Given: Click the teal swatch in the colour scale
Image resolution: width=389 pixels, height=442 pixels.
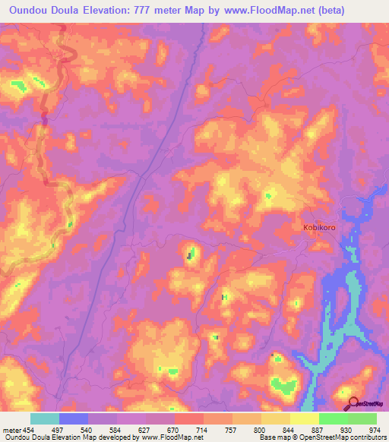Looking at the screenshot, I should [45, 418].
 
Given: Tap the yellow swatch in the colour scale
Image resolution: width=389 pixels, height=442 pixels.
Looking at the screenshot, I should [305, 418].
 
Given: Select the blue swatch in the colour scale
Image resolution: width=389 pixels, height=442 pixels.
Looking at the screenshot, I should [74, 418].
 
